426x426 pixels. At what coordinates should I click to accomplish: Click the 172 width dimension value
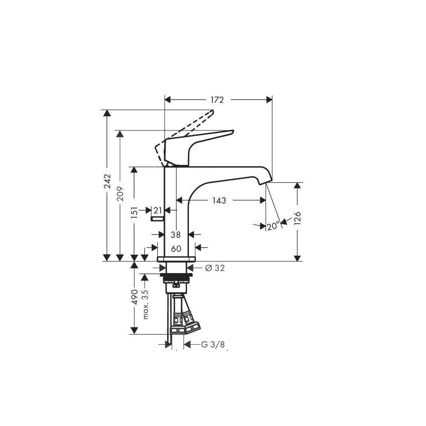[x=217, y=100]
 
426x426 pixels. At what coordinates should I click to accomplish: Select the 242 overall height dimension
[x=108, y=181]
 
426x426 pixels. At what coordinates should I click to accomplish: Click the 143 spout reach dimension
[x=219, y=201]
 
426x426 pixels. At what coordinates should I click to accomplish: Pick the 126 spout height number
[x=298, y=218]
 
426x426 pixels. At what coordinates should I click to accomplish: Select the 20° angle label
[x=273, y=225]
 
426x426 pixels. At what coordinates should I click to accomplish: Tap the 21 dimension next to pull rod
[x=158, y=210]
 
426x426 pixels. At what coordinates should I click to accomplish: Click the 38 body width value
[x=176, y=234]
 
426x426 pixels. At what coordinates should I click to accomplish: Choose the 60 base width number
[x=176, y=249]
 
